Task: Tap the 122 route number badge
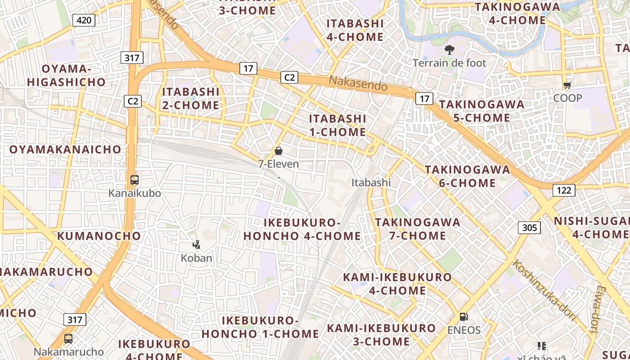[x=564, y=190]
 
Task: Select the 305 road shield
[x=529, y=228]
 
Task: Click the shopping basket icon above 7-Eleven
[x=279, y=151]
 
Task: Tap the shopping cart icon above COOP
[x=567, y=85]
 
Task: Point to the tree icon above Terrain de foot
[x=449, y=49]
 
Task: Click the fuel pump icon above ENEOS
[x=463, y=317]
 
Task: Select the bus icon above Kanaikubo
[x=135, y=180]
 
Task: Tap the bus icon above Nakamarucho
[x=68, y=339]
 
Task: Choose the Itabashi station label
[x=371, y=183]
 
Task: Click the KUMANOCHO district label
[x=99, y=236]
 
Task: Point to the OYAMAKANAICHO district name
[x=65, y=149]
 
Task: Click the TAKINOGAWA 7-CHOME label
[x=418, y=229]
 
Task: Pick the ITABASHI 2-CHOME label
[x=191, y=98]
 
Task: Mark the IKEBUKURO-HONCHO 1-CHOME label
[x=261, y=327]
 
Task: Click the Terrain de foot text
[x=450, y=63]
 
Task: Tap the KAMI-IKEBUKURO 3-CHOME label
[x=381, y=335]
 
